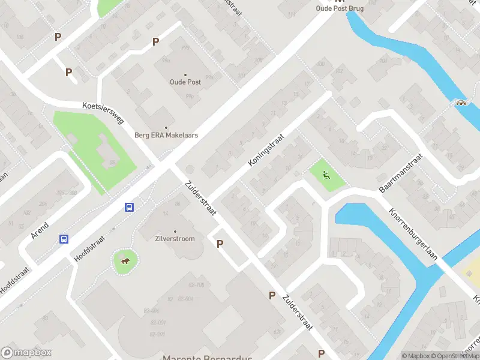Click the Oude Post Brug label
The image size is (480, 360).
point(340,8)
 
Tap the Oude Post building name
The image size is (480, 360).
point(185,82)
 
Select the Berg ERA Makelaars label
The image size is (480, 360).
point(166,135)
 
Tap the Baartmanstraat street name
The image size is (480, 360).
point(401,173)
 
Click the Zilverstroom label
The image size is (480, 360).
point(175,238)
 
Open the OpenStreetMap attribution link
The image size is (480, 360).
point(454,356)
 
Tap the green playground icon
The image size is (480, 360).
point(326,176)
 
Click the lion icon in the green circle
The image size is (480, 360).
point(126,260)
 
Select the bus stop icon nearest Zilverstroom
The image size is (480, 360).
point(129,208)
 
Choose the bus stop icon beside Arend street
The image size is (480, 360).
point(64,239)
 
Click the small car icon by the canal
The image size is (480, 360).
point(461,102)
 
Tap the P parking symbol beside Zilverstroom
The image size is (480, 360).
point(220,244)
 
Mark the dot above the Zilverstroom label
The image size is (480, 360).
point(175,231)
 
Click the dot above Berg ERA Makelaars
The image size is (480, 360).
point(166,127)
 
